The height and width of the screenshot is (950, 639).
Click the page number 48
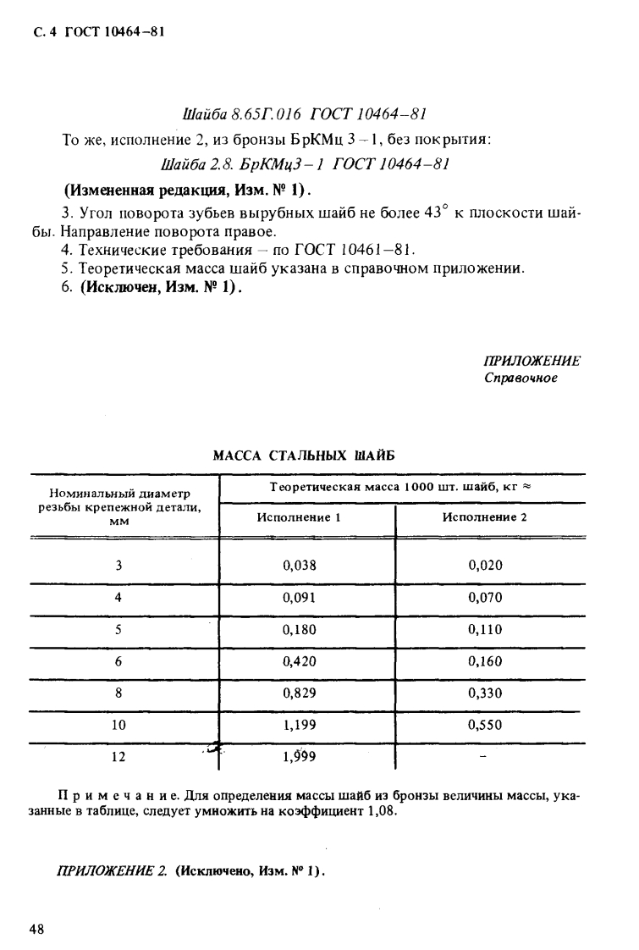(x=37, y=929)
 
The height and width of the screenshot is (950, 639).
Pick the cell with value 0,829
(x=300, y=693)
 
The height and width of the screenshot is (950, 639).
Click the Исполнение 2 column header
(x=485, y=517)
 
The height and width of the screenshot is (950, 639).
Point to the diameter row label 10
(x=118, y=725)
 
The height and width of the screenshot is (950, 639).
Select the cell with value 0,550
(x=485, y=725)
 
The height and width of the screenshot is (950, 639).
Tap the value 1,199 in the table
(x=300, y=725)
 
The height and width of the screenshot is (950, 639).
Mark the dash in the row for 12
(x=483, y=758)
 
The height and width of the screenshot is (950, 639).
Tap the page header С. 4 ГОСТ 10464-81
(x=94, y=33)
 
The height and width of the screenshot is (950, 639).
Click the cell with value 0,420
(x=300, y=661)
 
